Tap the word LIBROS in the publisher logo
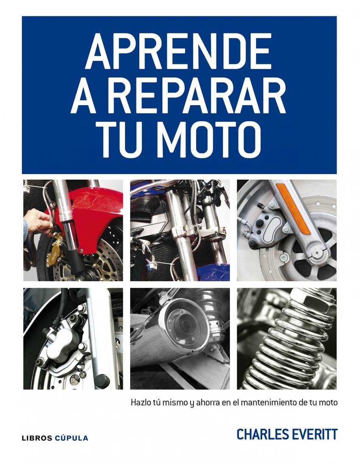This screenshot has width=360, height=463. click(x=37, y=438)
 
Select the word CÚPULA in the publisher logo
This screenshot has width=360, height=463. click(x=72, y=438)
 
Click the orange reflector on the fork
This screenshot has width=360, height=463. click(x=294, y=208)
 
